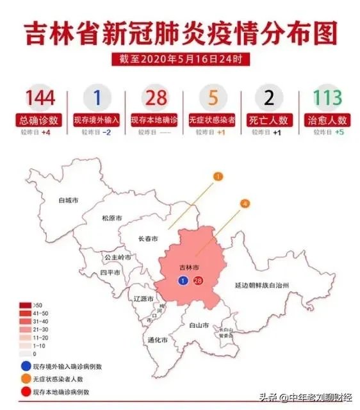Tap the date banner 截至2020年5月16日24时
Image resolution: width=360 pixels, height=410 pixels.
(180, 60)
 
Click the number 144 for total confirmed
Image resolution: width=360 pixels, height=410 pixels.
(40, 98)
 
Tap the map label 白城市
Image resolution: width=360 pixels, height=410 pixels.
(69, 201)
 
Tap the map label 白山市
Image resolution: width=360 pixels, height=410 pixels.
(200, 325)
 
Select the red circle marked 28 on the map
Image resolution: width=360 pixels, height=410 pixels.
(198, 280)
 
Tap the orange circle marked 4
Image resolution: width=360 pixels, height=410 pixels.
(244, 204)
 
